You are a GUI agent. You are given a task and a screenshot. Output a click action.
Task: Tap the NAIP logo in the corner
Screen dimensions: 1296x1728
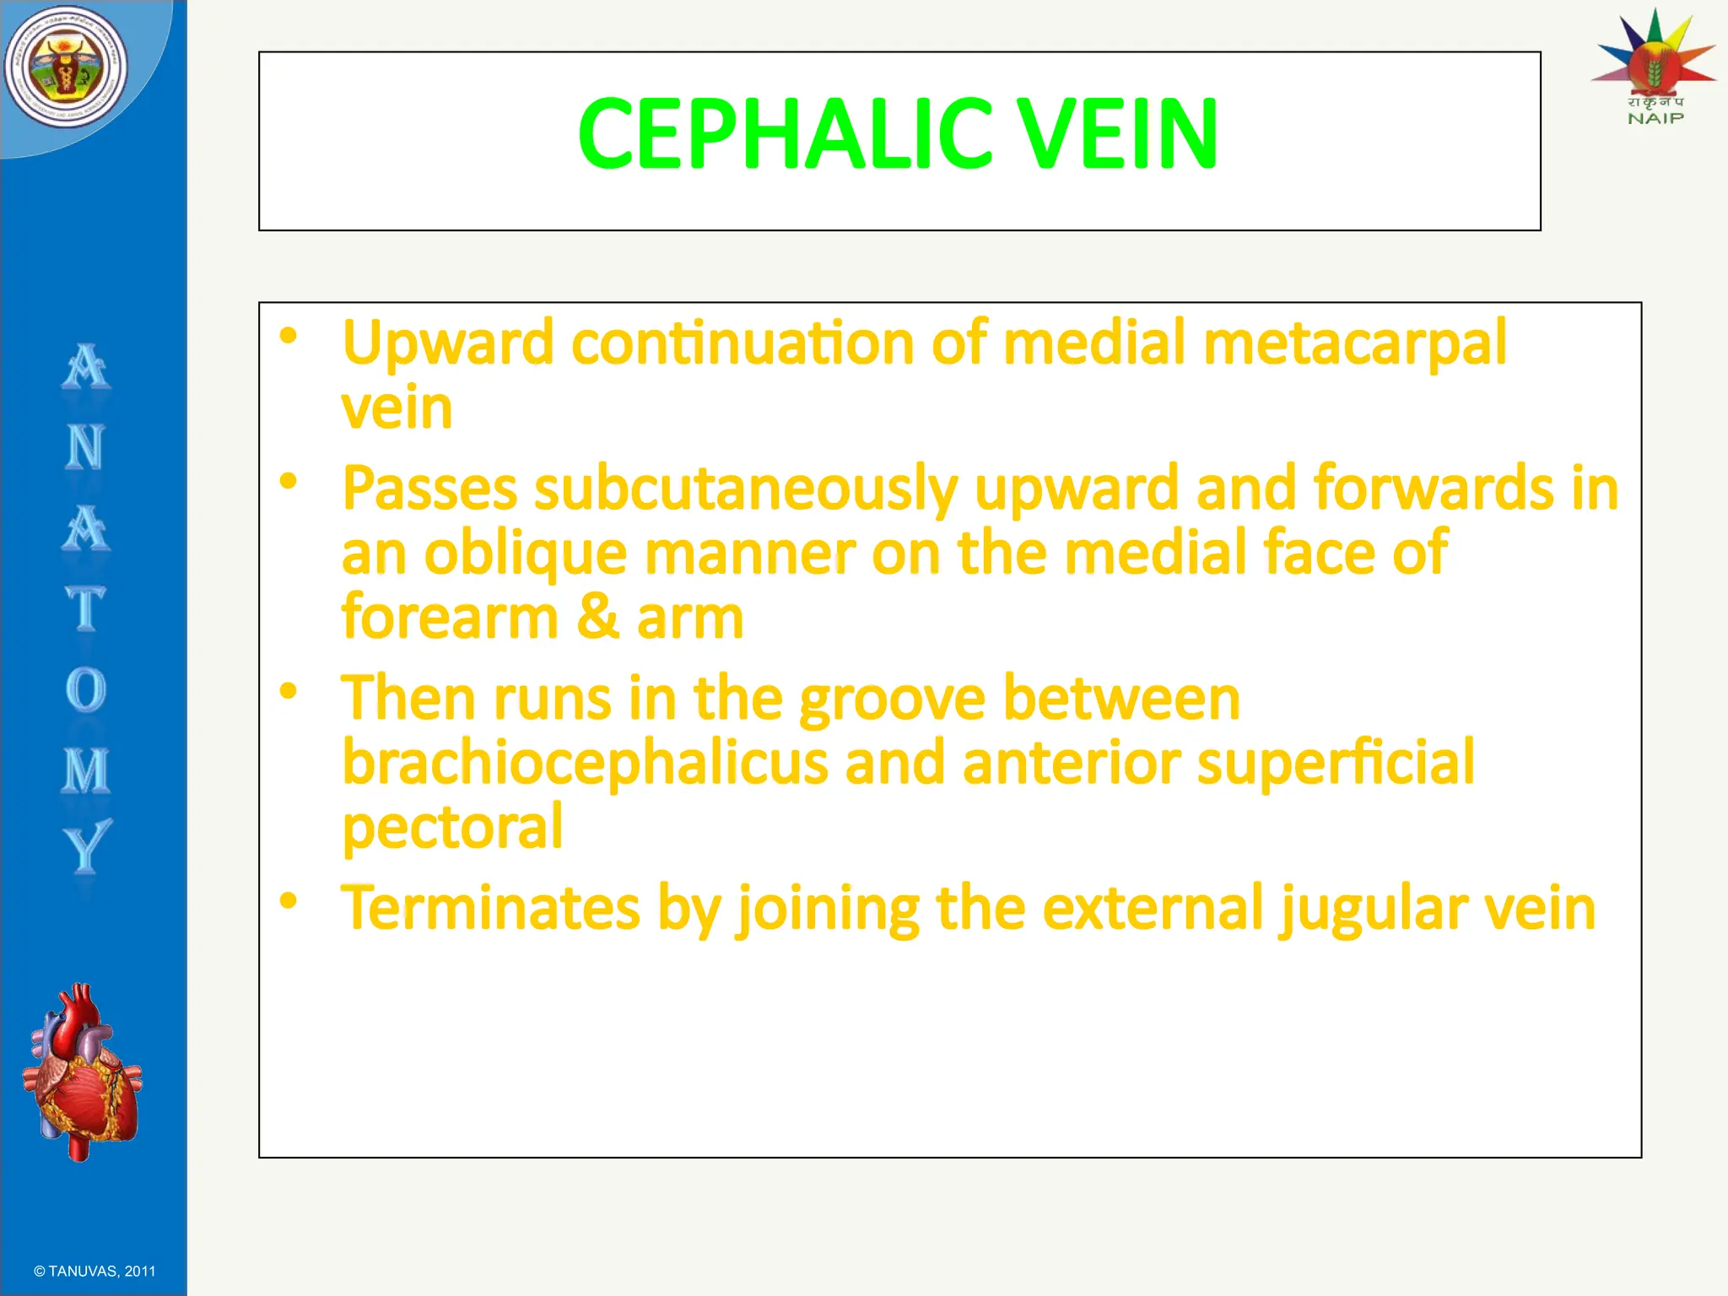pos(1655,67)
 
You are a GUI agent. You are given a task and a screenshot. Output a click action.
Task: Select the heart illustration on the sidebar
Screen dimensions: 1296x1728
pos(83,1072)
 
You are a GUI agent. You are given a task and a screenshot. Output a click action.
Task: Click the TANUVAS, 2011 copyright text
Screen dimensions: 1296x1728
pos(94,1272)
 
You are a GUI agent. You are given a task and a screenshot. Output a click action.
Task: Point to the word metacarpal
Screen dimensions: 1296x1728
pos(1354,344)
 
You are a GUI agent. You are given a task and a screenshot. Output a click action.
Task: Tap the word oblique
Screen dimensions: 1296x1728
pos(525,554)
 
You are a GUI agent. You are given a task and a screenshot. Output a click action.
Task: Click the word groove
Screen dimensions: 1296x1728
pos(891,700)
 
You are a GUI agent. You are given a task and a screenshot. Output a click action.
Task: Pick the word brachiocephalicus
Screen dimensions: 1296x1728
pos(585,763)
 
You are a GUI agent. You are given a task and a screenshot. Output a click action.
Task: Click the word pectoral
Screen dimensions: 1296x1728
pos(452,827)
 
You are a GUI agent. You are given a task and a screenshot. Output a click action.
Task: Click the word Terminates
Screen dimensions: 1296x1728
pos(490,910)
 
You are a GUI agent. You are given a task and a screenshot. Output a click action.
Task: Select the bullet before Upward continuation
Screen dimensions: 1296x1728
pos(289,337)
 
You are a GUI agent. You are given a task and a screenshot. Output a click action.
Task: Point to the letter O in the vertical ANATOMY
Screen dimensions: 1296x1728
pos(85,690)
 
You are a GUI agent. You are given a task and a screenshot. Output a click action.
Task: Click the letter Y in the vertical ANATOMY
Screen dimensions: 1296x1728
pos(86,846)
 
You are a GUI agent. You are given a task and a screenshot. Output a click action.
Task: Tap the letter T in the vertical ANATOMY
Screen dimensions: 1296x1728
pos(85,608)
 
